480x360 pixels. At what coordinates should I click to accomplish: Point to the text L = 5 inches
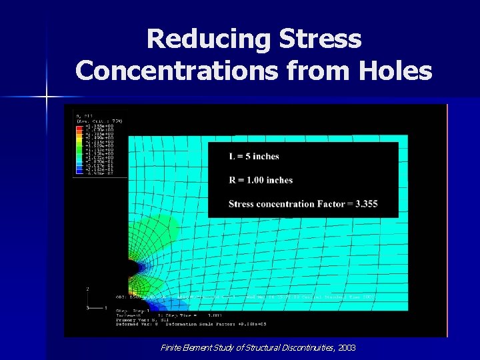(x=253, y=156)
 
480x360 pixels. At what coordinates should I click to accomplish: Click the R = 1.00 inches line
(x=261, y=180)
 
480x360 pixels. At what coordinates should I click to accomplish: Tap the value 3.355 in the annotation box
(x=365, y=204)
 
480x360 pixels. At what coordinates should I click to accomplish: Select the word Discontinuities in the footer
(x=301, y=347)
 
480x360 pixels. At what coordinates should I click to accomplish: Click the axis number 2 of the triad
(x=87, y=289)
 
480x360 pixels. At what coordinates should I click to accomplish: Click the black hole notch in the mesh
(x=135, y=267)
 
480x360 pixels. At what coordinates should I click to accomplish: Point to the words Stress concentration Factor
(x=287, y=204)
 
